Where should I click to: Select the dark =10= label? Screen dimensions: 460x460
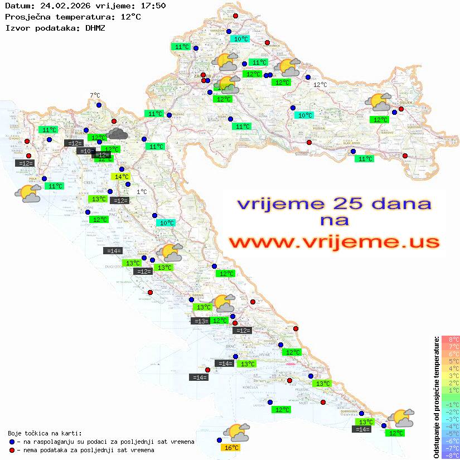click(x=85, y=151)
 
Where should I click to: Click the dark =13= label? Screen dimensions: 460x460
click(x=200, y=321)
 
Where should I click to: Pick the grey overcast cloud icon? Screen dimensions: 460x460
click(x=117, y=133)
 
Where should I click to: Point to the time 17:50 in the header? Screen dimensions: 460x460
click(x=153, y=6)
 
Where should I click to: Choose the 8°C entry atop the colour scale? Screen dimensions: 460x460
click(x=451, y=339)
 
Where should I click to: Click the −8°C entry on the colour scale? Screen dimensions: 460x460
click(x=450, y=455)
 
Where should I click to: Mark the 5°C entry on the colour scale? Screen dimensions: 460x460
click(x=451, y=361)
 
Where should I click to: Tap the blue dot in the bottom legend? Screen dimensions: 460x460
click(x=12, y=442)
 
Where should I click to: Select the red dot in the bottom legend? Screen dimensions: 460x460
click(x=12, y=450)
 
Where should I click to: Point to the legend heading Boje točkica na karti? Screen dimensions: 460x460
click(x=45, y=433)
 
